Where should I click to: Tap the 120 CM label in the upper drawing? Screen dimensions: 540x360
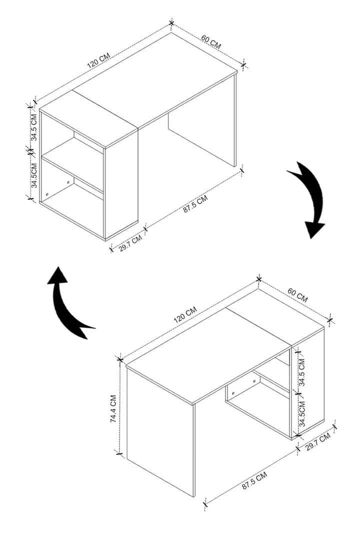98,60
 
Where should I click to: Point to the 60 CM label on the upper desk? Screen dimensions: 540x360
211,41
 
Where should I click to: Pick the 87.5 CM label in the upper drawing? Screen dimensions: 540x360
195,205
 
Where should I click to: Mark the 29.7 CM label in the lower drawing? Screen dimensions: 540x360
318,442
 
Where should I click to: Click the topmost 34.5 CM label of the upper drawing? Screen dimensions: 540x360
33,128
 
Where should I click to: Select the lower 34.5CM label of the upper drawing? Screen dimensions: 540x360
33,174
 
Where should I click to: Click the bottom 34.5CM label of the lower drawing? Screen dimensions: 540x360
302,412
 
